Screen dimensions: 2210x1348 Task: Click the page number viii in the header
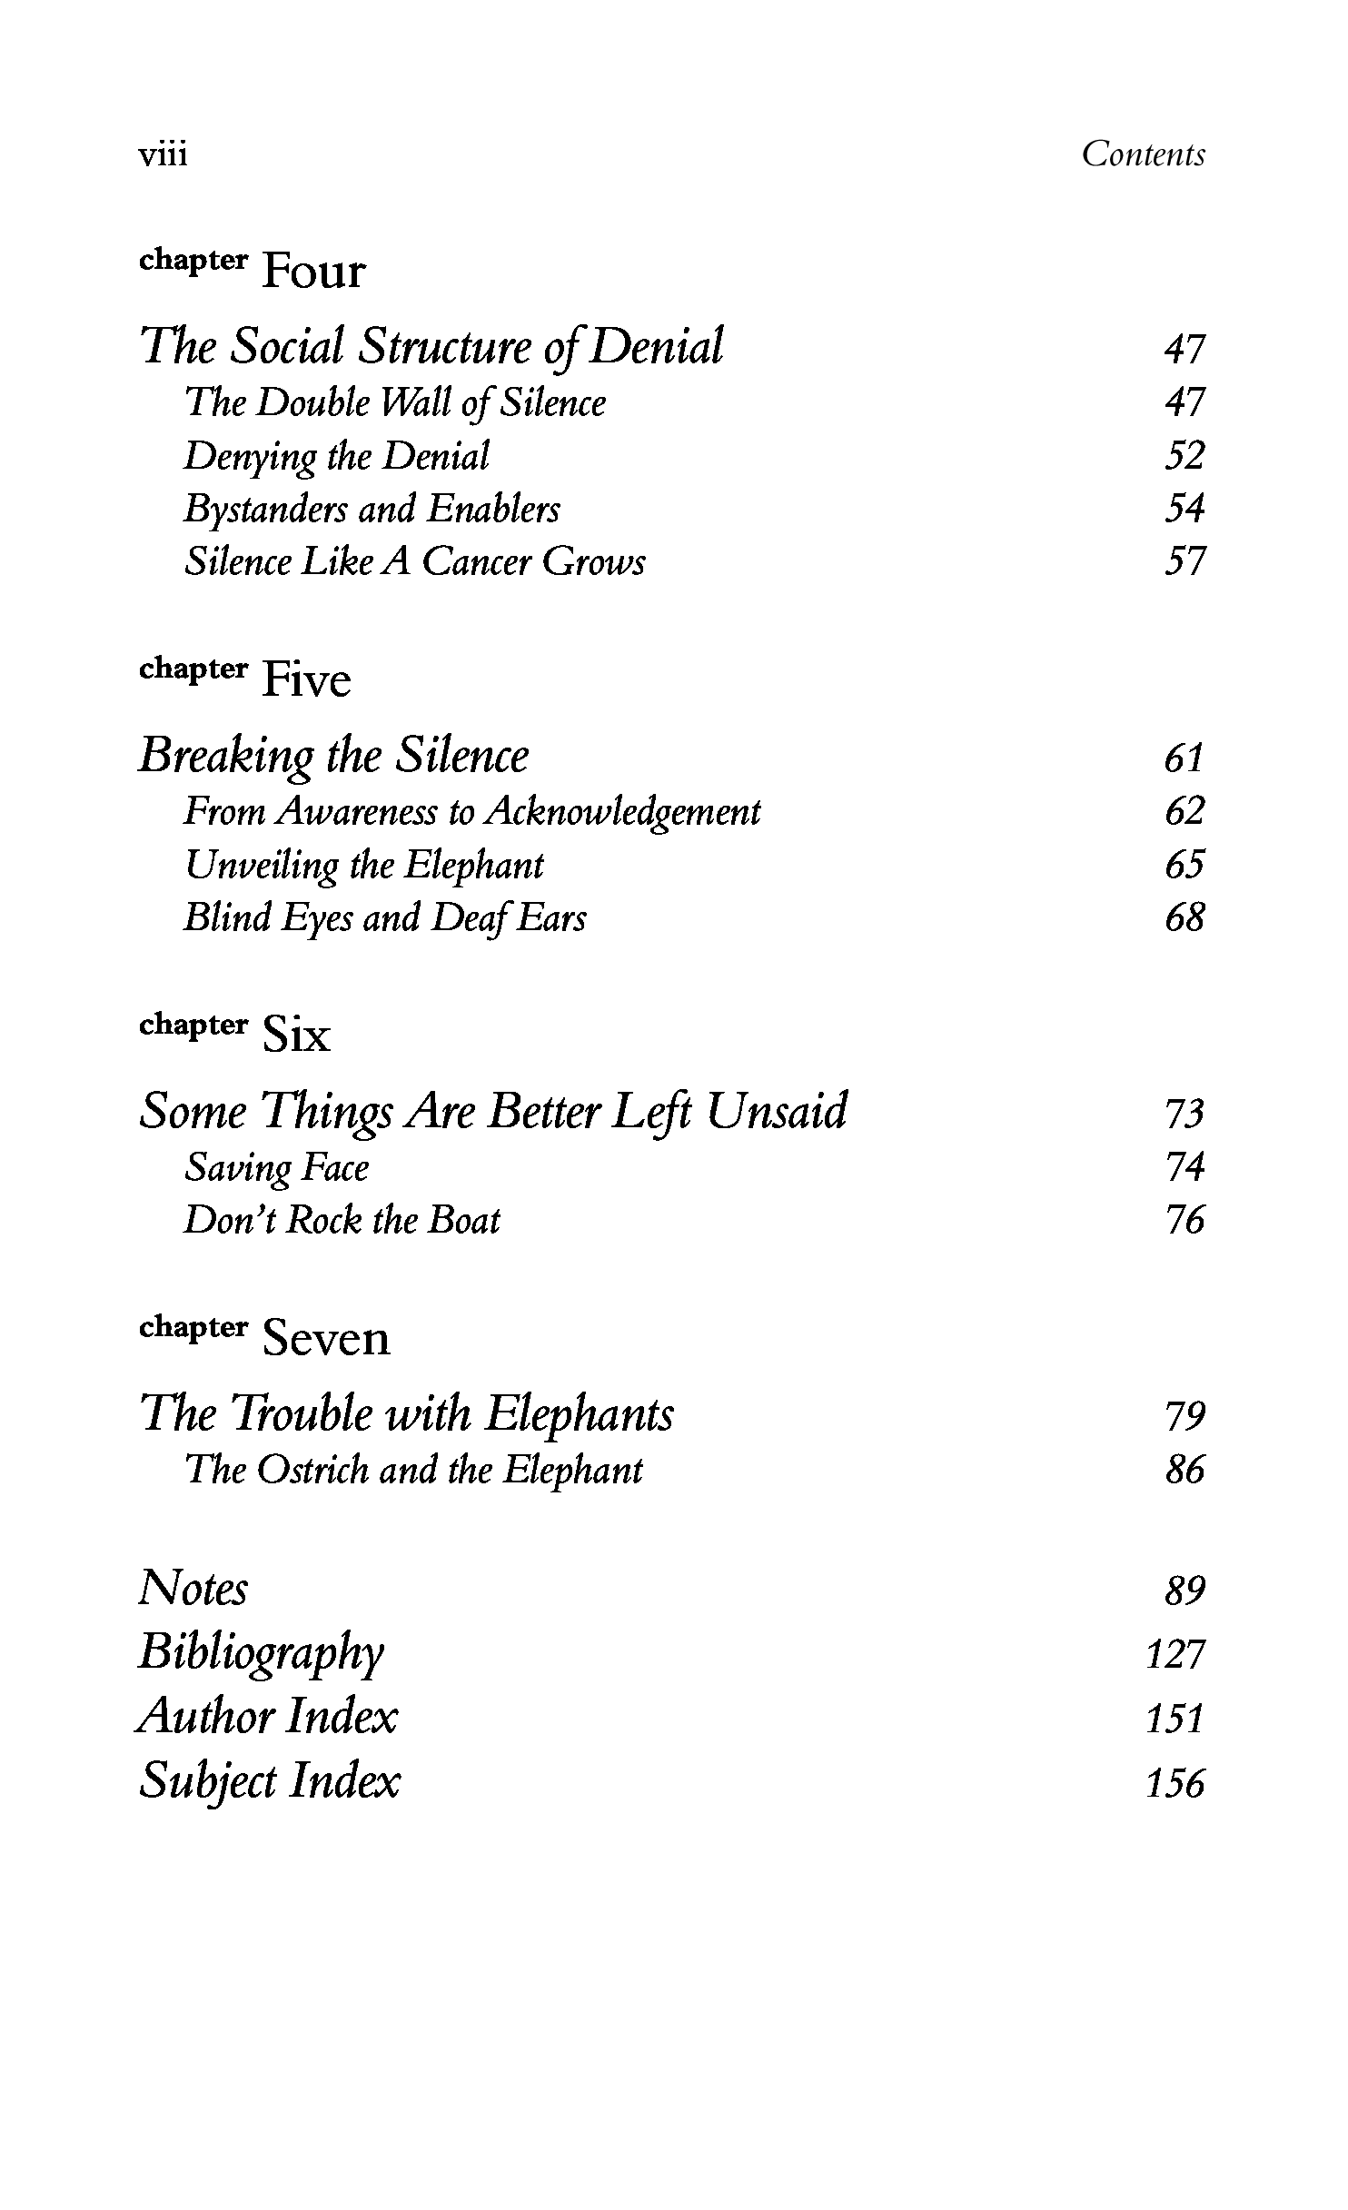coord(163,155)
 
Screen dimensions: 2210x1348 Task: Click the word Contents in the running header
coord(1143,154)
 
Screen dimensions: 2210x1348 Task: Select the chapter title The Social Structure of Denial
coord(431,347)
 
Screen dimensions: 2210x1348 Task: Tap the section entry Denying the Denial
coord(336,456)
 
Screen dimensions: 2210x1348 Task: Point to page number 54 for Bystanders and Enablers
coord(1184,509)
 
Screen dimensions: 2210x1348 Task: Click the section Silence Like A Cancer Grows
coord(414,561)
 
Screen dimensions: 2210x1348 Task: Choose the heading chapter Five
coord(245,677)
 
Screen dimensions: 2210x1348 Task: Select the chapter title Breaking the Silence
coord(333,756)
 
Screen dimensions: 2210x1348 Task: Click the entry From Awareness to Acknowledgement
coord(471,811)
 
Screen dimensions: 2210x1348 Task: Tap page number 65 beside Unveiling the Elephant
coord(1184,865)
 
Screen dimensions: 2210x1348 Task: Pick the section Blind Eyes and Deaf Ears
coord(384,917)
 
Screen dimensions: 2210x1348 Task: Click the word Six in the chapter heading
coord(296,1034)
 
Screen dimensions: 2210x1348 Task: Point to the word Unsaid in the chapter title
coord(777,1111)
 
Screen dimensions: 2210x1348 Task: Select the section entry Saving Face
coord(276,1167)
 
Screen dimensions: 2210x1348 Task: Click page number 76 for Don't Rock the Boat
coord(1184,1220)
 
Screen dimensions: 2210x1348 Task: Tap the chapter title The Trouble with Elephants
coord(406,1414)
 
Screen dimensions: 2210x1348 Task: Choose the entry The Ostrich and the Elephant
coord(413,1470)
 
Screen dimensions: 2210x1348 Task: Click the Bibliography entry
coord(261,1652)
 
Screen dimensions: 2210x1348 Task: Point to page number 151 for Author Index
coord(1175,1719)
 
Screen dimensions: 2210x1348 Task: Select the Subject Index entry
coord(269,1781)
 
